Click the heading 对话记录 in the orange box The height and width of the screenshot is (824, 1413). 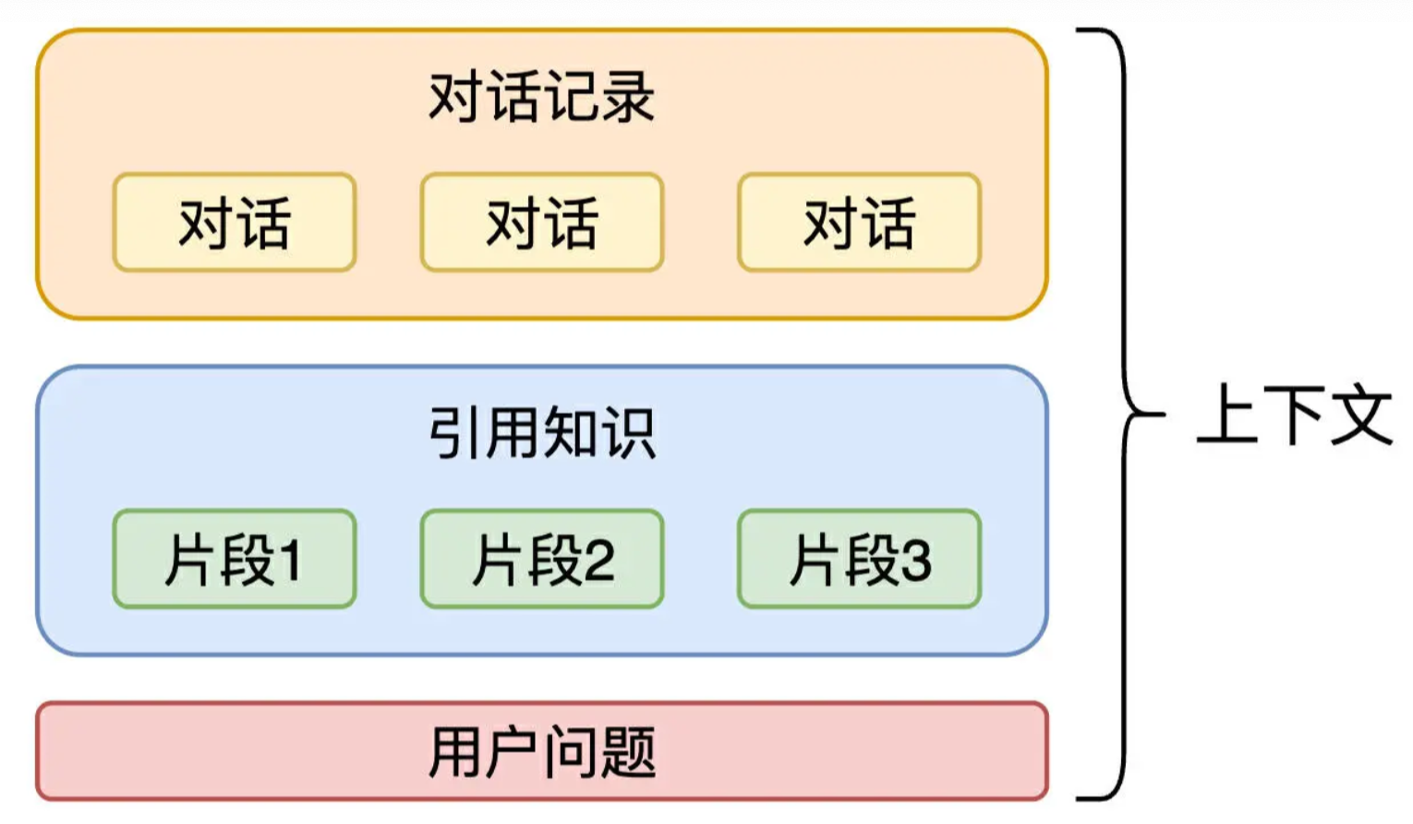pos(542,96)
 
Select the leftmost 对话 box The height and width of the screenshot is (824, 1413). pos(235,223)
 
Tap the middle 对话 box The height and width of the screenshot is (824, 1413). pos(542,223)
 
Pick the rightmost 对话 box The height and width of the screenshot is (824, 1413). pos(859,223)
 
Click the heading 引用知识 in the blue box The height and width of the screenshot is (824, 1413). pos(542,432)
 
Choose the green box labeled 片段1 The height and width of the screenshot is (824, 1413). pos(235,559)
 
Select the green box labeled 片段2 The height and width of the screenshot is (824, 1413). pos(542,559)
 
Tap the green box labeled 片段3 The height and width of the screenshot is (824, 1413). pos(859,559)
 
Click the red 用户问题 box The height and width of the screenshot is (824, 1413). pos(542,751)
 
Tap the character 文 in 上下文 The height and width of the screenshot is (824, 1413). pos(1361,415)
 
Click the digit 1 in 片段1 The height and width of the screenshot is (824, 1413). pos(290,561)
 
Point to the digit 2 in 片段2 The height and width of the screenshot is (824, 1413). pos(598,561)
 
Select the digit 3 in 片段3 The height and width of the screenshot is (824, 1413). pos(915,561)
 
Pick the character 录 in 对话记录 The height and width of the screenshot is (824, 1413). pos(628,96)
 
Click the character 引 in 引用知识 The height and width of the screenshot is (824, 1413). pos(455,432)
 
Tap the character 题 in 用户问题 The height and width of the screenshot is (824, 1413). pos(628,751)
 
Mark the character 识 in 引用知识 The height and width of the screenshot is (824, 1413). pos(628,432)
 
